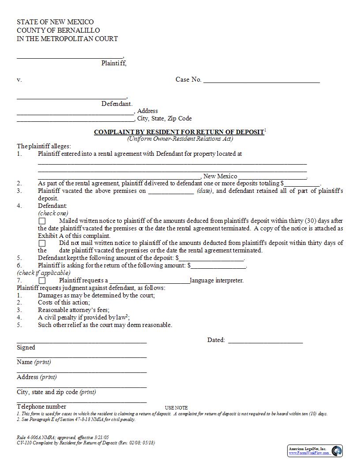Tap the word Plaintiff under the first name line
point(114,63)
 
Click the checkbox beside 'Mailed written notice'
point(42,221)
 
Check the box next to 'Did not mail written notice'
point(42,243)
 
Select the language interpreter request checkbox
point(42,281)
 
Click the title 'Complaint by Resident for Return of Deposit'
point(179,132)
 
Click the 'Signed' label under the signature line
point(26,348)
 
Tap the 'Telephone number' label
point(41,406)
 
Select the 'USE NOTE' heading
point(176,408)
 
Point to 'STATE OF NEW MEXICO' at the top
point(55,22)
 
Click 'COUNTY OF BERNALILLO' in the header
point(58,30)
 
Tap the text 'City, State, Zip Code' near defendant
point(164,119)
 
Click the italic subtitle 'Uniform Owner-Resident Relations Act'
point(180,139)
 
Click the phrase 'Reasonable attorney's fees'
point(74,310)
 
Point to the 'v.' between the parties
point(19,80)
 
